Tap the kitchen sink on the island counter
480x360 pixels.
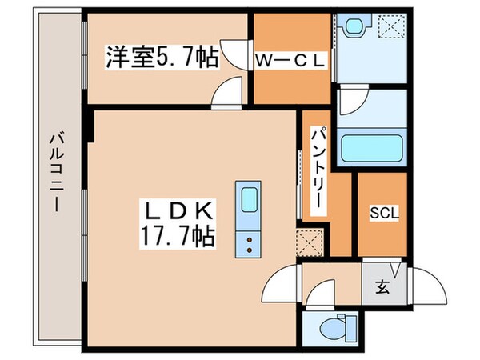coord(248,198)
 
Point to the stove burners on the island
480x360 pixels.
coord(248,242)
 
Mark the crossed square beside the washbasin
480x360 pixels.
coord(391,26)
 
